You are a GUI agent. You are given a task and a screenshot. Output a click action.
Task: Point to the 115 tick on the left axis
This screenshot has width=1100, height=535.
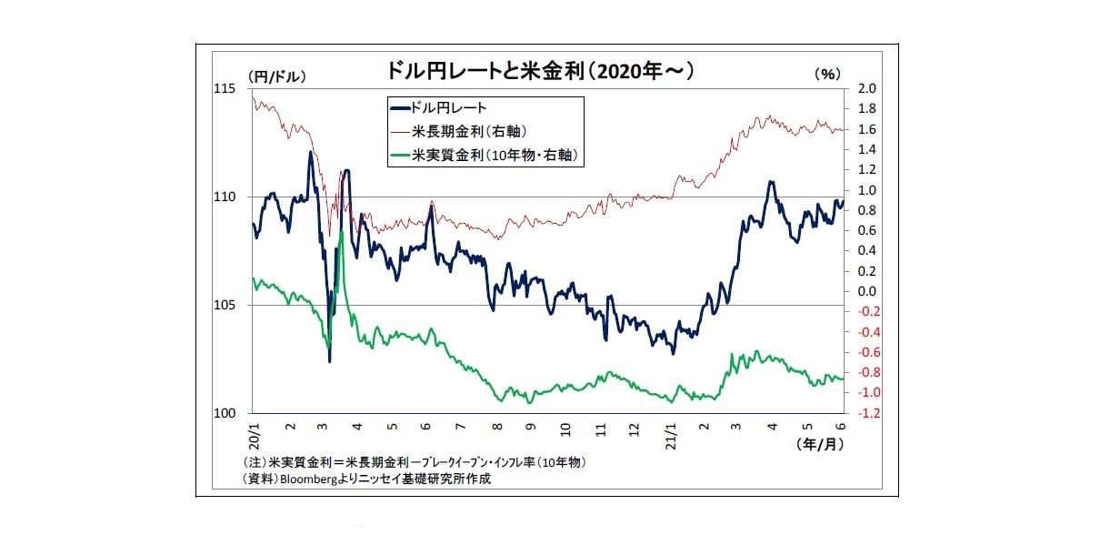click(225, 88)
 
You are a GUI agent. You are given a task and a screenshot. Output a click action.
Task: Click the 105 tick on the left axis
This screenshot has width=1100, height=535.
click(225, 305)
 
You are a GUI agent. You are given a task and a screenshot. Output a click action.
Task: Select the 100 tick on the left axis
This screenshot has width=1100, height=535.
click(225, 413)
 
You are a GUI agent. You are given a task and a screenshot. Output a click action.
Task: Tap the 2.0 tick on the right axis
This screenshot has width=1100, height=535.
click(866, 89)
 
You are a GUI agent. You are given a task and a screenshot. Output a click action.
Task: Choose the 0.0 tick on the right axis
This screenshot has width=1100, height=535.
click(866, 291)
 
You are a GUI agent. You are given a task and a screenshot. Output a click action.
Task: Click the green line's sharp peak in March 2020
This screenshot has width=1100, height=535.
click(341, 232)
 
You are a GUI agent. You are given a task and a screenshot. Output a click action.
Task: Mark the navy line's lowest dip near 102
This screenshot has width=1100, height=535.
click(329, 361)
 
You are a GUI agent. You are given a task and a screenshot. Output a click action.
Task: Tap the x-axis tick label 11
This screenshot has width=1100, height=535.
click(601, 426)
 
